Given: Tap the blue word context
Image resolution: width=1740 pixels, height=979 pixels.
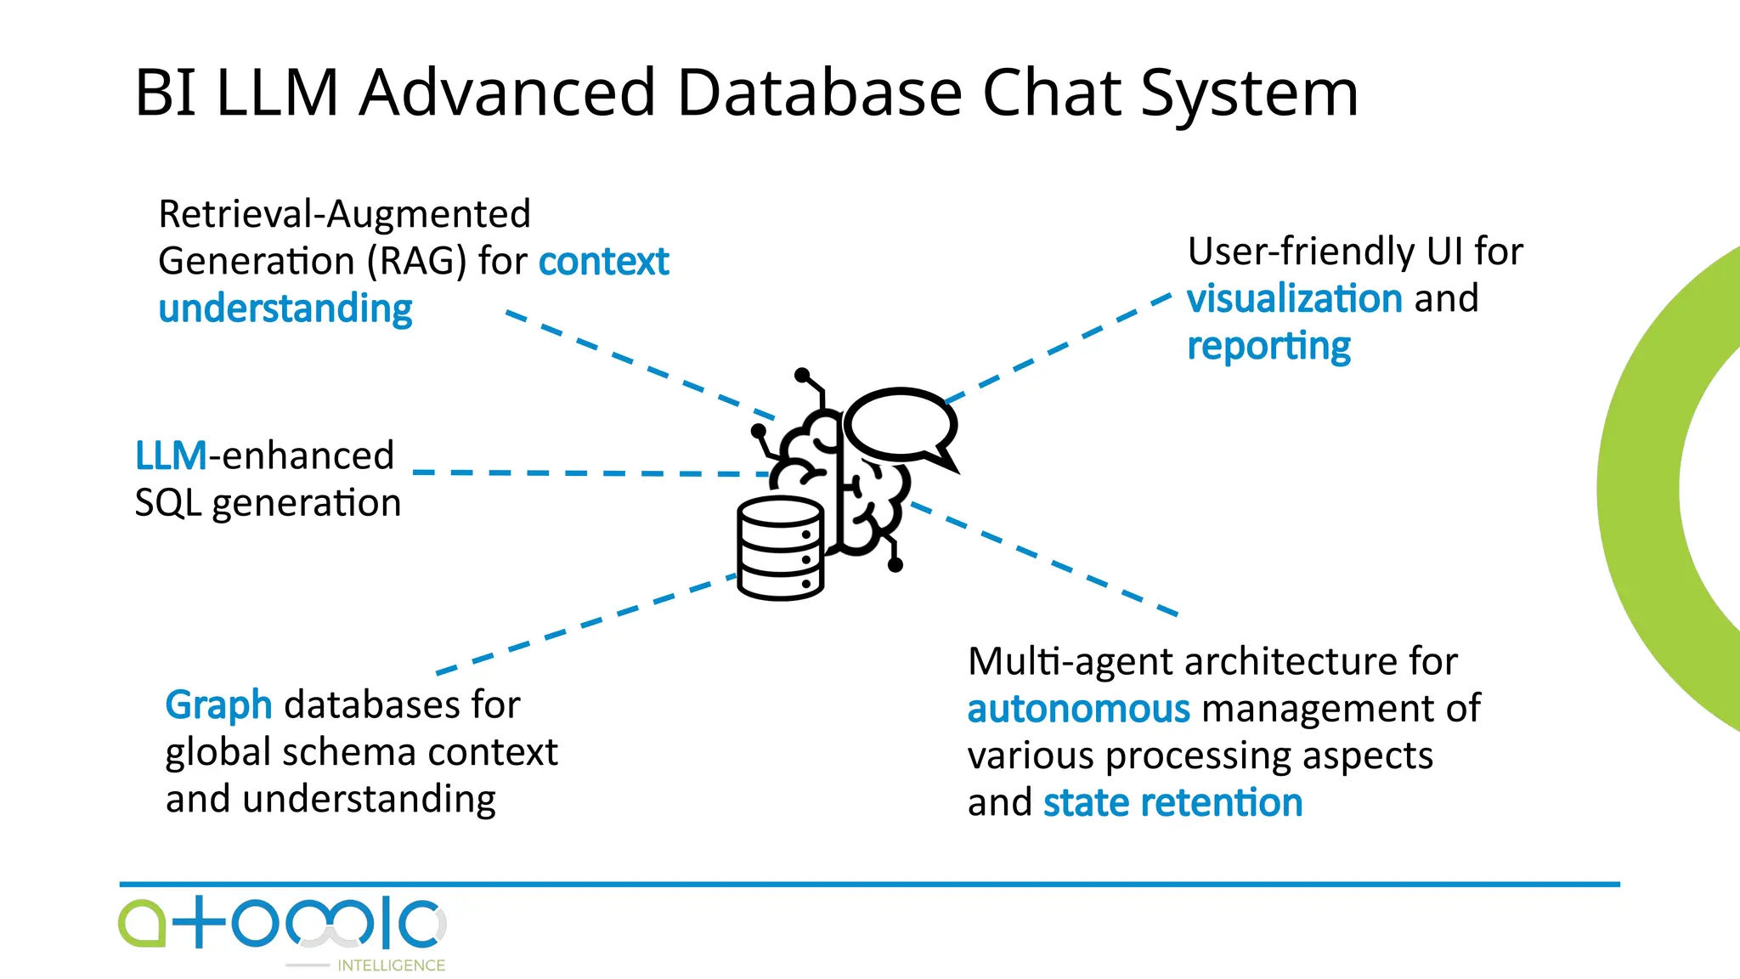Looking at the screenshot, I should coord(603,261).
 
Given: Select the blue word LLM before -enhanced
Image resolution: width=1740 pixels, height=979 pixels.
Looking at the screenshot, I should coord(171,456).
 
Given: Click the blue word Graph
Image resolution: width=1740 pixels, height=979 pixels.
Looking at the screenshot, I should coord(218,705).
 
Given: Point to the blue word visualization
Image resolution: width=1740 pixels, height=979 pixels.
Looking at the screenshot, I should coord(1294,299).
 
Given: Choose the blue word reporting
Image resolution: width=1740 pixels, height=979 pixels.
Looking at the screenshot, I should coord(1268,347).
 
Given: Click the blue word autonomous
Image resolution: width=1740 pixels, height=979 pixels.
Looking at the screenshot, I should coord(1078,709).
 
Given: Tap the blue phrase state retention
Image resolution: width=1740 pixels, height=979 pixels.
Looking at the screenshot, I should coord(1172,803).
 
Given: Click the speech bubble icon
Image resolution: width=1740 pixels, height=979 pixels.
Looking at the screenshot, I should coord(901,424).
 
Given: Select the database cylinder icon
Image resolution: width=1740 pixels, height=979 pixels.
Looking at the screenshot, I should coord(780,548).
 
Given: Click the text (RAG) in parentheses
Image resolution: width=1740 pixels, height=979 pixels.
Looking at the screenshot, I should coord(416,261).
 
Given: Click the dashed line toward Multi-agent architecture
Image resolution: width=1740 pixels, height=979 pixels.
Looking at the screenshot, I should coord(1045,559).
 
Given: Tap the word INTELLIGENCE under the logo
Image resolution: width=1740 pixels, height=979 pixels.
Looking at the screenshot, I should coord(391,965).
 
